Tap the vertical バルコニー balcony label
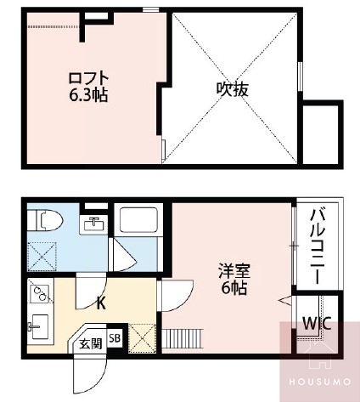point(318,245)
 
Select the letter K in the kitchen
point(101,303)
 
